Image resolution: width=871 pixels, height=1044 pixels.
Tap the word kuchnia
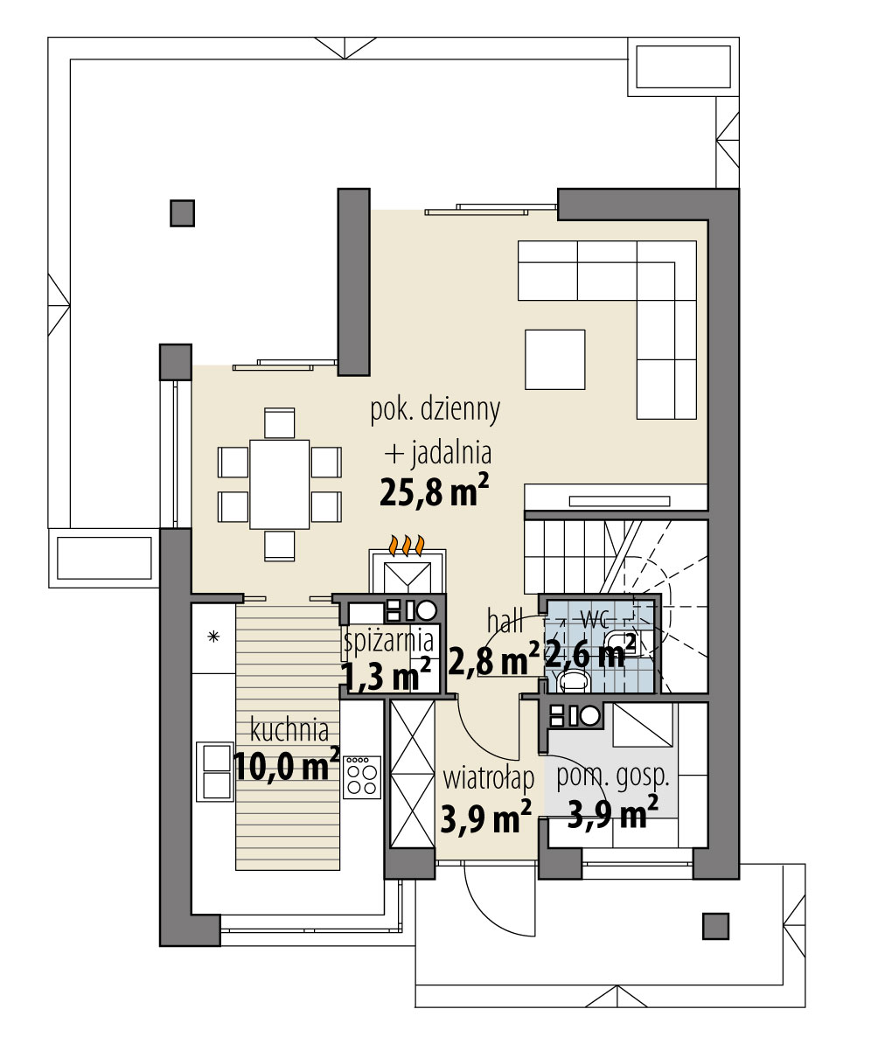coord(289,730)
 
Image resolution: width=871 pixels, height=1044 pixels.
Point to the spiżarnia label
coord(389,641)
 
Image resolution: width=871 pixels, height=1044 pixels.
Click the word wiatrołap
coord(489,777)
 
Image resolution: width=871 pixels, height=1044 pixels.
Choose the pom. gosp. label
coord(613,777)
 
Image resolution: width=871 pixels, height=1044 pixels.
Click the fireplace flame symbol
coord(407,546)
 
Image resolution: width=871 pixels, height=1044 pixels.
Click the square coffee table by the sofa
coord(554,359)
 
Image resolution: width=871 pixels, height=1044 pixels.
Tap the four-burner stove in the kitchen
coord(361,777)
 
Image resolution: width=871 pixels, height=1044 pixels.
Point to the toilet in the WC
coord(573,680)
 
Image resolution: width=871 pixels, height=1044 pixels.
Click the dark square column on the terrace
coord(182,213)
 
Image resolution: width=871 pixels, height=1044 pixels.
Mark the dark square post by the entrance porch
coord(716,925)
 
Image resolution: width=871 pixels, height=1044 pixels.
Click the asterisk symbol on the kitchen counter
coord(213,637)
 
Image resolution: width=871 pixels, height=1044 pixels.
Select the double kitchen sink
coord(217,772)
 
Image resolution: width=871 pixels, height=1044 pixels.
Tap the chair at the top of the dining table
coord(279,423)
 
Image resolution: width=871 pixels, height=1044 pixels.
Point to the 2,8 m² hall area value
coord(493,660)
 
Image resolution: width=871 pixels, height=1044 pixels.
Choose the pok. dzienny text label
coord(435,410)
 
